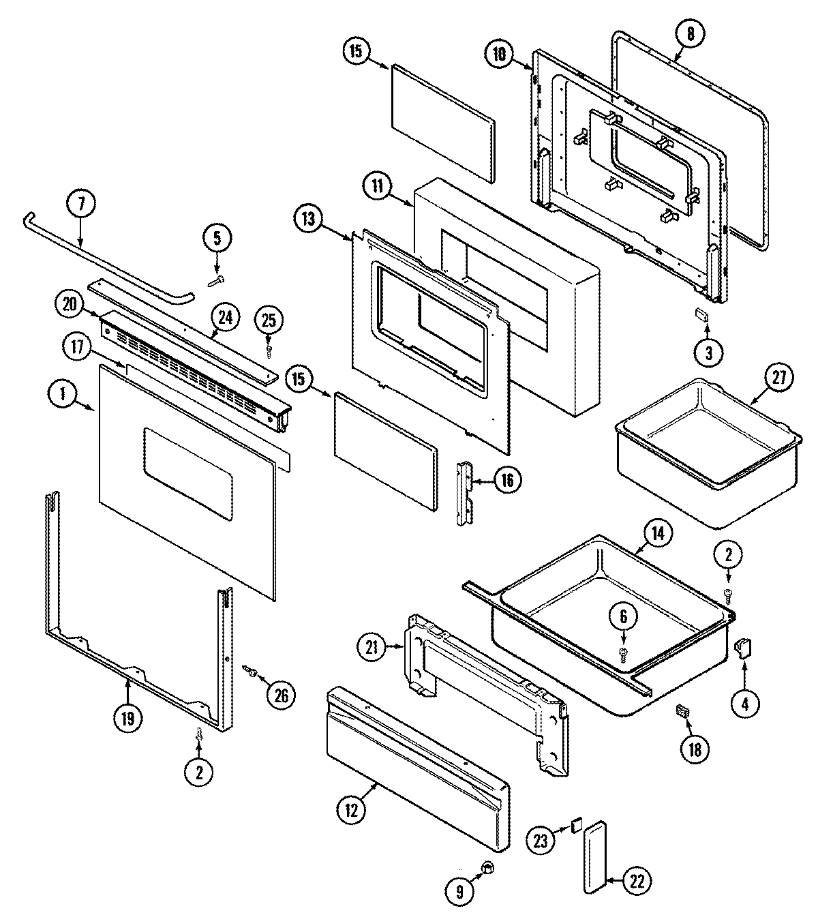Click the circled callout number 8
click(690, 35)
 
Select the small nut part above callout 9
click(487, 868)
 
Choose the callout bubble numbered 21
click(372, 646)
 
